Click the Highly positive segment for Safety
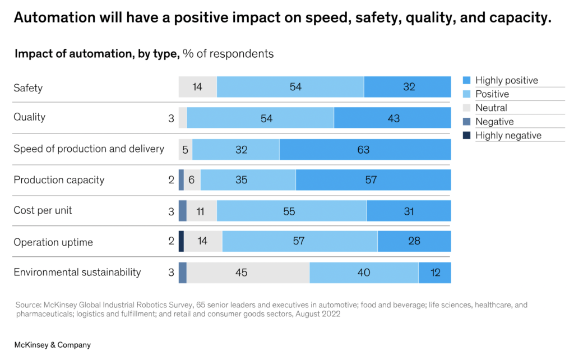click(x=408, y=87)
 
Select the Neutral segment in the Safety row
click(x=197, y=87)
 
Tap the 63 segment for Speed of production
click(x=364, y=150)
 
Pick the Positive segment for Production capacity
click(x=248, y=180)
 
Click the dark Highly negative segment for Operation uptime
click(x=181, y=242)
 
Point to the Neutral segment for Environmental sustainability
click(x=247, y=273)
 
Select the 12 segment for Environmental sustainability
click(x=434, y=273)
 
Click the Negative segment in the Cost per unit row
click(x=183, y=211)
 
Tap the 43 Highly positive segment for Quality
click(x=392, y=118)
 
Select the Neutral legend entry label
click(x=491, y=108)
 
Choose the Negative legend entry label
click(x=494, y=122)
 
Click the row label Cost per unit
click(x=43, y=211)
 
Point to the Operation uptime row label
click(x=53, y=242)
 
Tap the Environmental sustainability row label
click(x=77, y=273)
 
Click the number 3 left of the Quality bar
click(x=171, y=118)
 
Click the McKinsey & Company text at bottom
click(x=52, y=345)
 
